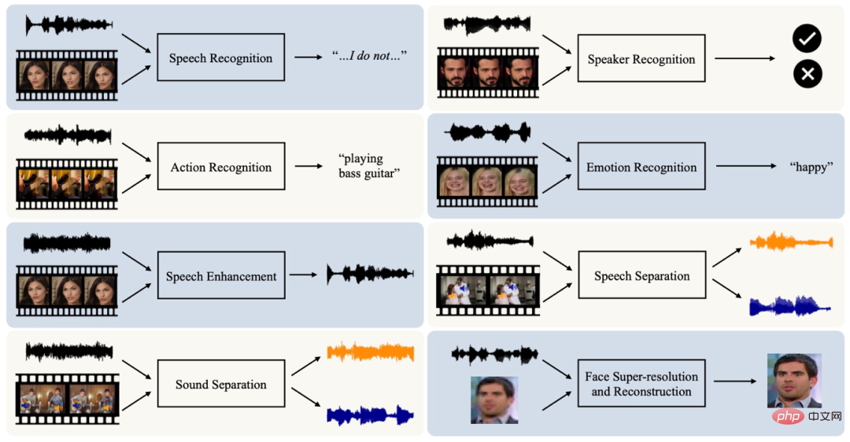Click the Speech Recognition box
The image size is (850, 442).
(220, 57)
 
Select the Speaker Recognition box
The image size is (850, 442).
(641, 58)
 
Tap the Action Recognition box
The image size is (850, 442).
(221, 166)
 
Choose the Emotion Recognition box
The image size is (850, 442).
(641, 166)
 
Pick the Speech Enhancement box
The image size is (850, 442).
(221, 275)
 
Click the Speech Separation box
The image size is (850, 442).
(642, 274)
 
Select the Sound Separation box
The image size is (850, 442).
(221, 384)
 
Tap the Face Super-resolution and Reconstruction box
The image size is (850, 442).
(641, 384)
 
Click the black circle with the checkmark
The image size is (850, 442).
(807, 39)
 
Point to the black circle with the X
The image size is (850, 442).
(807, 74)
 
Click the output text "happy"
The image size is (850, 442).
(811, 167)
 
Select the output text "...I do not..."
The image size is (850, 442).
(369, 56)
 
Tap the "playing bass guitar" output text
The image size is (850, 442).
(369, 166)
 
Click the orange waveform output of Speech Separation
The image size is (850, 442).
(792, 241)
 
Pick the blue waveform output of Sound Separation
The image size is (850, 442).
(370, 415)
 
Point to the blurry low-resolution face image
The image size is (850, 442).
(494, 400)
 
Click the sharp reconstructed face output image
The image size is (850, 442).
(794, 381)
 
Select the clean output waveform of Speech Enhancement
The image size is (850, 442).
(370, 274)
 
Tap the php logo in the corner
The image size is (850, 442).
(789, 416)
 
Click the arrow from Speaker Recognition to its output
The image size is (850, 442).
(745, 58)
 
